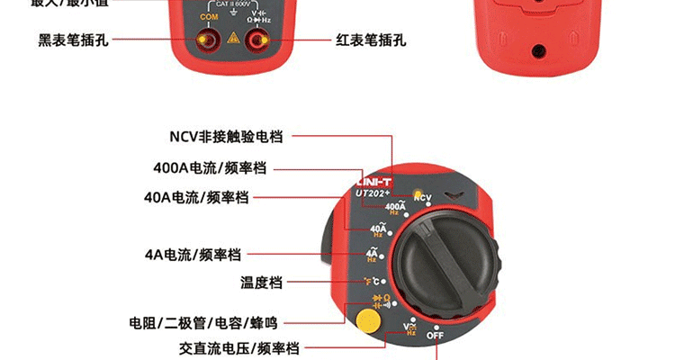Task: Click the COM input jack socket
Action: click(x=208, y=40)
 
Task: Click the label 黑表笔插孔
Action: click(x=73, y=40)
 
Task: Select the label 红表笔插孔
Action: click(x=371, y=40)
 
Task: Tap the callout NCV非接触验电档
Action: click(x=226, y=137)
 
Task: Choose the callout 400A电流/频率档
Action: click(x=210, y=167)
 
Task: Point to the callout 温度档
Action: click(x=261, y=283)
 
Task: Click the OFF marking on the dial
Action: click(x=436, y=336)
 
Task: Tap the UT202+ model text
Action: click(x=372, y=192)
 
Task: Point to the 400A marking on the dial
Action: click(x=393, y=208)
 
